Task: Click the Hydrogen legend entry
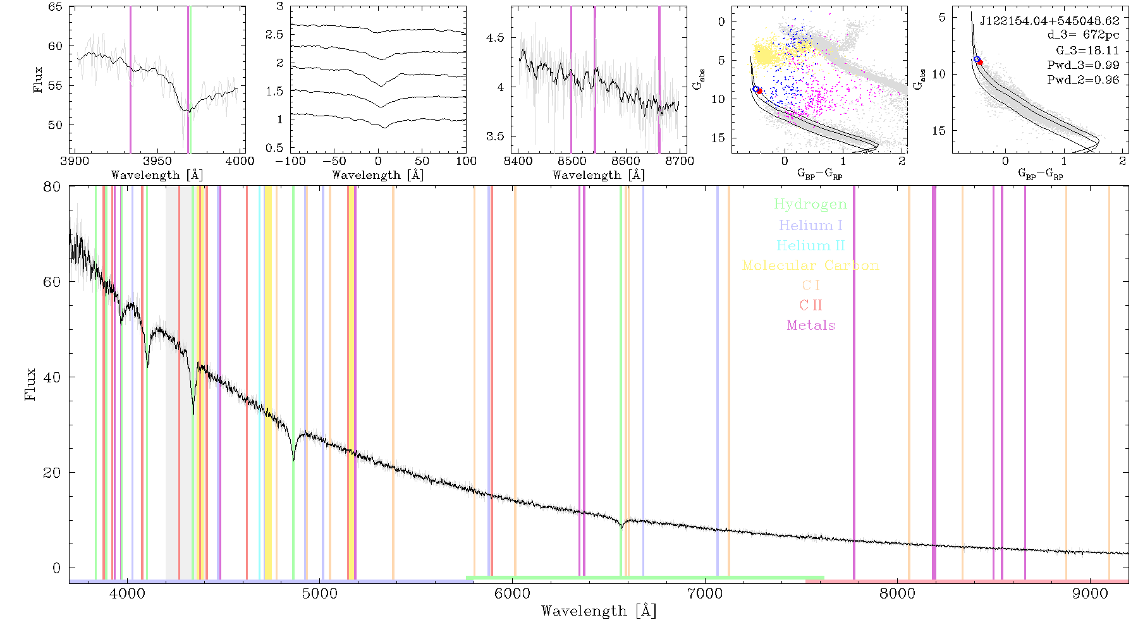[810, 204]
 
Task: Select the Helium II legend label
[811, 245]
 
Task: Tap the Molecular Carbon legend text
[811, 265]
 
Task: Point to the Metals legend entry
[811, 325]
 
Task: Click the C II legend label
[811, 305]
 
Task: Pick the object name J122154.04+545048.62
[1049, 21]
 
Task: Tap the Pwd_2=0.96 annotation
[1083, 80]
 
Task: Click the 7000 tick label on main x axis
[704, 593]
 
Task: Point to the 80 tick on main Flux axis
[52, 186]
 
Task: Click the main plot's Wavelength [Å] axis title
[599, 611]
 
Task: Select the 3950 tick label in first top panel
[157, 161]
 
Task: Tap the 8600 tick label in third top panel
[625, 161]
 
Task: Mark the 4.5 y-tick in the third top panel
[495, 38]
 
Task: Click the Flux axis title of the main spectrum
[30, 384]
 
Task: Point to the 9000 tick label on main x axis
[1089, 593]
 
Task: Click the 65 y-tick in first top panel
[56, 6]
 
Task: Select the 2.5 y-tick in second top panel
[274, 34]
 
